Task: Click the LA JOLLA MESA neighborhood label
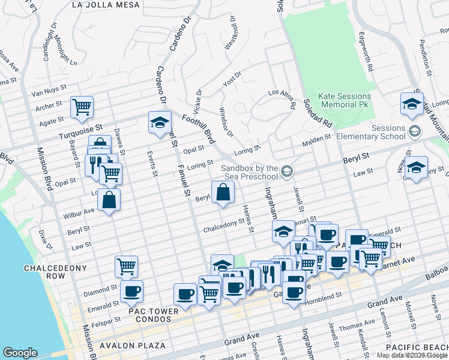tap(105, 5)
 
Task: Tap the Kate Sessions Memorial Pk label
tap(345, 100)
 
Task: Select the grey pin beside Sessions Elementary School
tap(414, 131)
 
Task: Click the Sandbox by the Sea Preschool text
tap(249, 172)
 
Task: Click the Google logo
tap(20, 353)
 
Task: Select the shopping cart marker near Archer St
tap(82, 108)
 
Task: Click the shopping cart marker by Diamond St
tap(126, 266)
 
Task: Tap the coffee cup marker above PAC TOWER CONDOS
tap(131, 292)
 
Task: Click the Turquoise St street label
tap(81, 128)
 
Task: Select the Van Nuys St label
tap(47, 92)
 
